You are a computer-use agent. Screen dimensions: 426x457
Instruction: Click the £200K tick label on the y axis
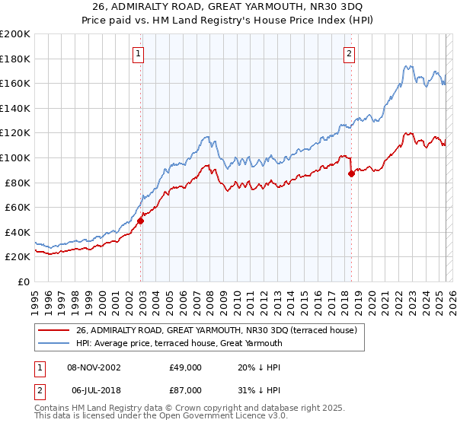[x=15, y=34]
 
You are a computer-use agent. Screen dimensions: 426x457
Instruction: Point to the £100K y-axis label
[x=15, y=157]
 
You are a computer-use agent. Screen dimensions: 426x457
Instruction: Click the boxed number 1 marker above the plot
[x=139, y=53]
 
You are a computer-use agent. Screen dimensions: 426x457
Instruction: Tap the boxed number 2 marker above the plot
[x=349, y=53]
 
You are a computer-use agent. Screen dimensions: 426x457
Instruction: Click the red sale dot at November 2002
[x=141, y=221]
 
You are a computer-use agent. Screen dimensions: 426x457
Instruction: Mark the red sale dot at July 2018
[x=351, y=174]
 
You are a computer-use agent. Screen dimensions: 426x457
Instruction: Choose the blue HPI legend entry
[x=179, y=343]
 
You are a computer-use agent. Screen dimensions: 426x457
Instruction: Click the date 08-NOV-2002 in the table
[x=94, y=367]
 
